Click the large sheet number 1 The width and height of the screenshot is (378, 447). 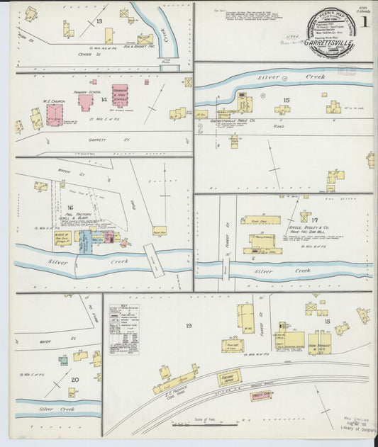coord(364,22)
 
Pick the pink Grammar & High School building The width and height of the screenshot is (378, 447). coord(120,96)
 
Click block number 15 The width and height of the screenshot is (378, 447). coord(286,100)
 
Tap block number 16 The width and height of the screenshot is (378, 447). coord(70,208)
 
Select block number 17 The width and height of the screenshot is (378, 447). coord(314,221)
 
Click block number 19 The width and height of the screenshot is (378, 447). coord(189,325)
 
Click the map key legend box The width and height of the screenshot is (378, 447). coord(123,329)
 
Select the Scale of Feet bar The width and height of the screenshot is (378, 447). coord(205,424)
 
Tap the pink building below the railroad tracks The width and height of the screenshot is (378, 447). coord(261,395)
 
